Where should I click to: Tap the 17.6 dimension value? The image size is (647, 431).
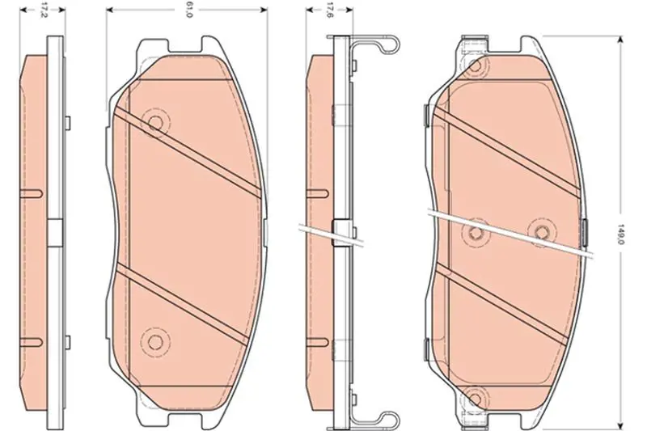330,11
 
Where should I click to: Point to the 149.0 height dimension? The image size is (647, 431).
619,234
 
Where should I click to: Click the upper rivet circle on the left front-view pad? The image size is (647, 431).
155,122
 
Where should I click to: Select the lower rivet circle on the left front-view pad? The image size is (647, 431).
155,341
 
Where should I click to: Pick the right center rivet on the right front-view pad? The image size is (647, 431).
540,232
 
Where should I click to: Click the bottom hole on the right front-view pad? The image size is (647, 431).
476,399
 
